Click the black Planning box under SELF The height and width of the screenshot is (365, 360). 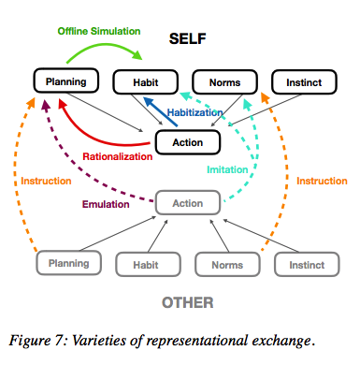65,81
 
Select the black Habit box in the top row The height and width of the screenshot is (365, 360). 146,81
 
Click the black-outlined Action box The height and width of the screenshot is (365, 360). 186,142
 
